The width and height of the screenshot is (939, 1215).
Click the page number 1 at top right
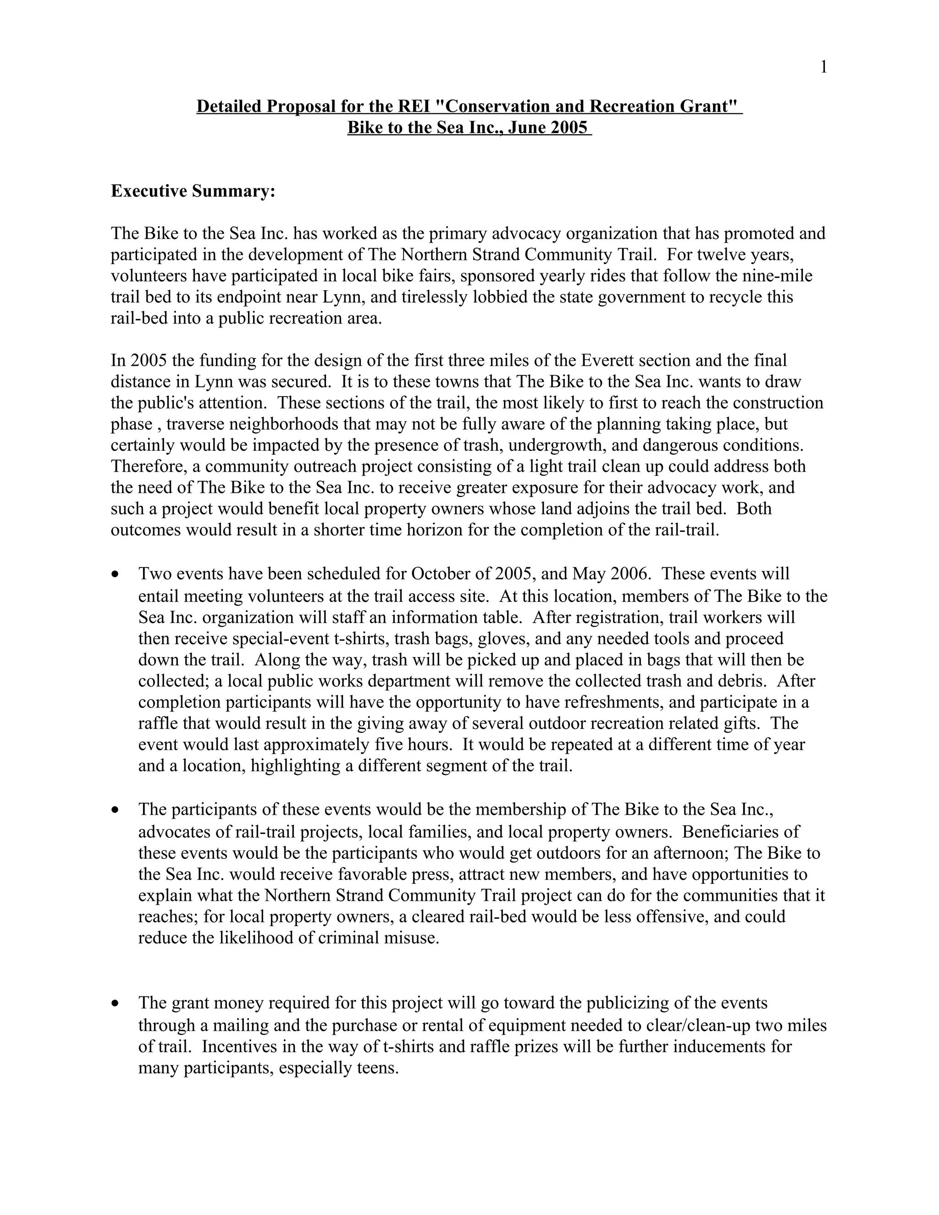824,67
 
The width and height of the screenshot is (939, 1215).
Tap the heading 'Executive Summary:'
193,191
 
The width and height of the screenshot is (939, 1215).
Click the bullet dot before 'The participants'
115,810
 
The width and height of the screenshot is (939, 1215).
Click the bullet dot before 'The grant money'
115,1004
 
